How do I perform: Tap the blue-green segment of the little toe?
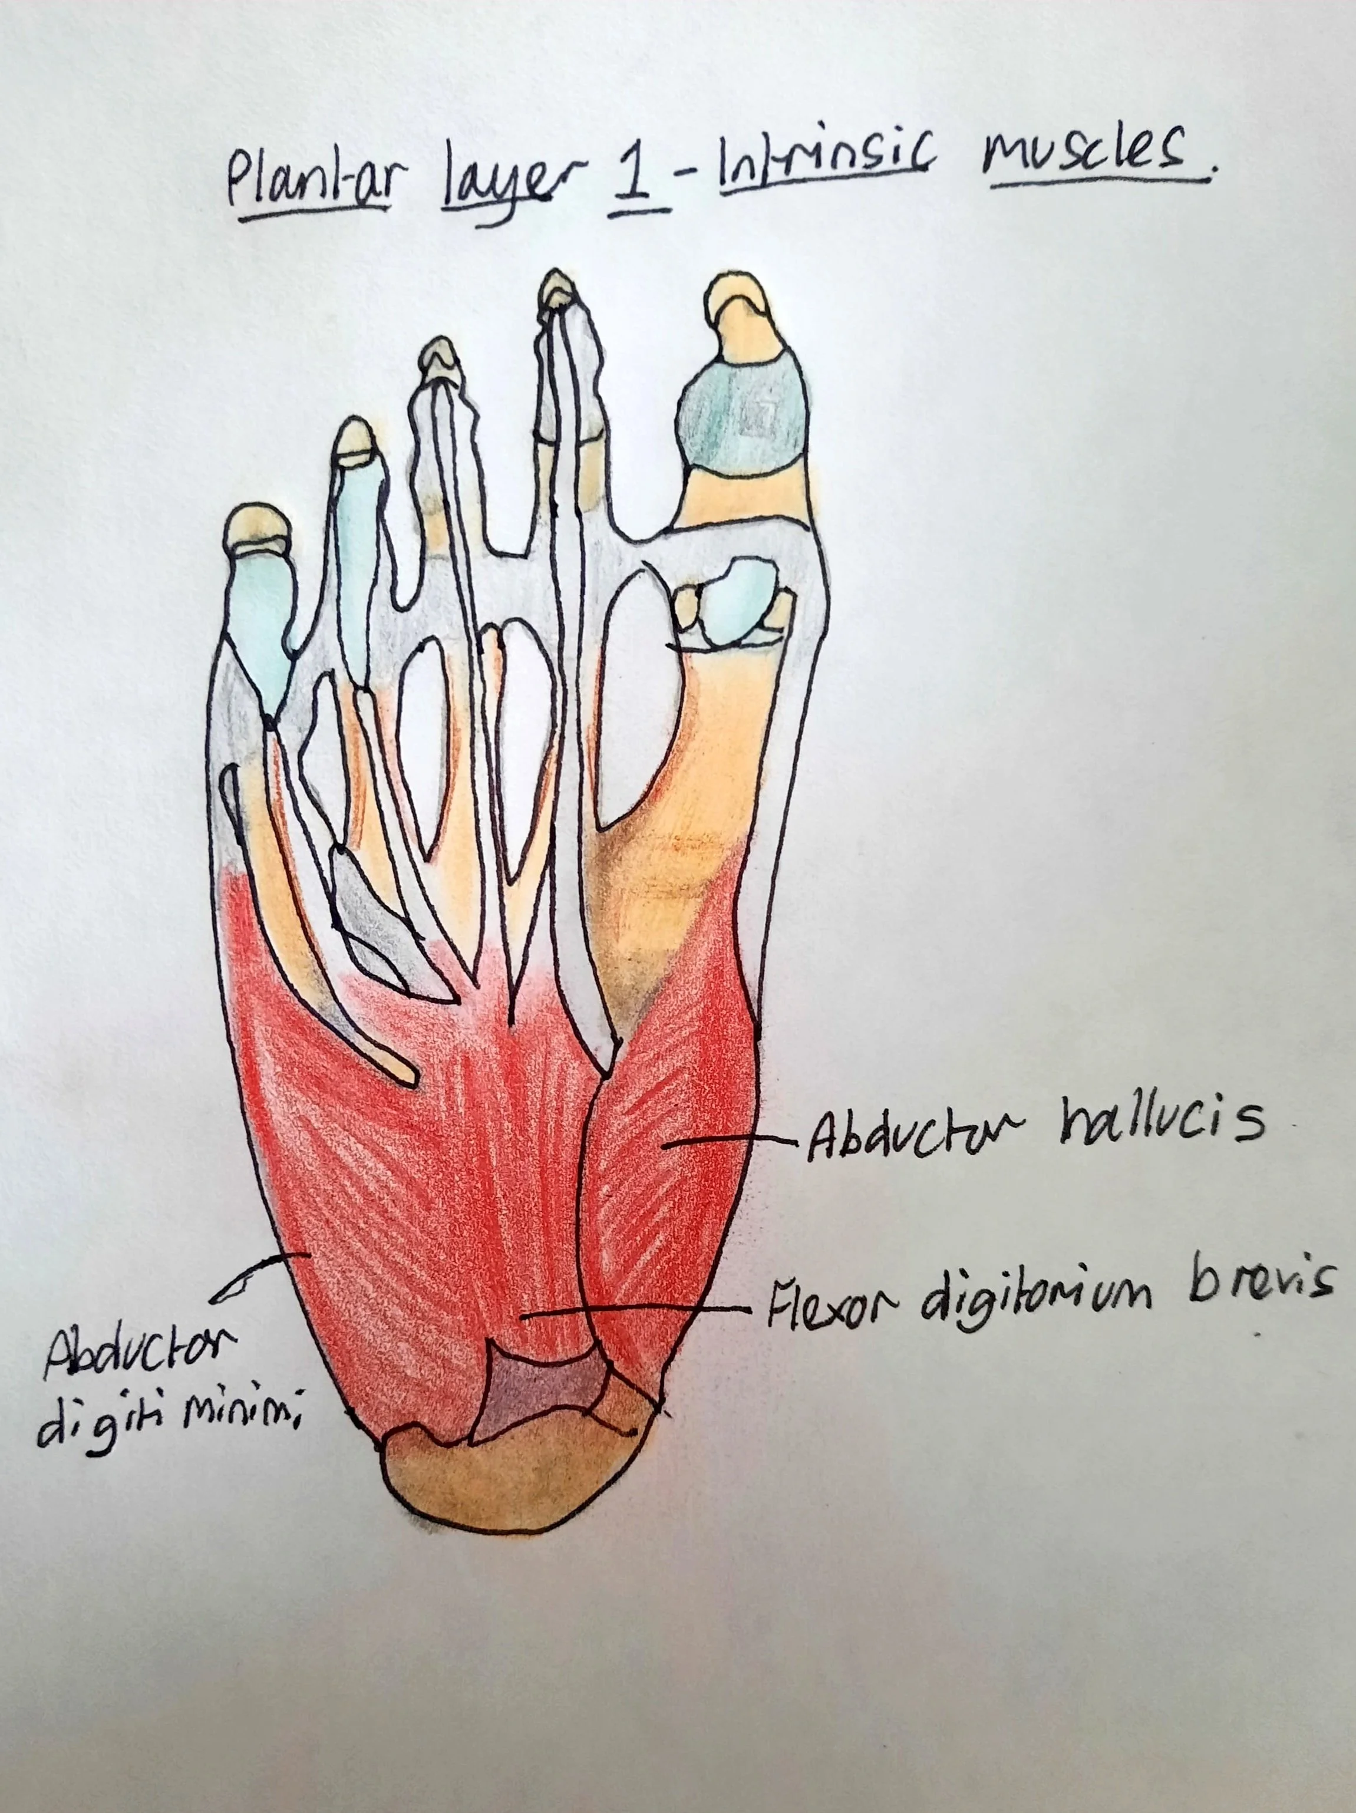[x=260, y=606]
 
